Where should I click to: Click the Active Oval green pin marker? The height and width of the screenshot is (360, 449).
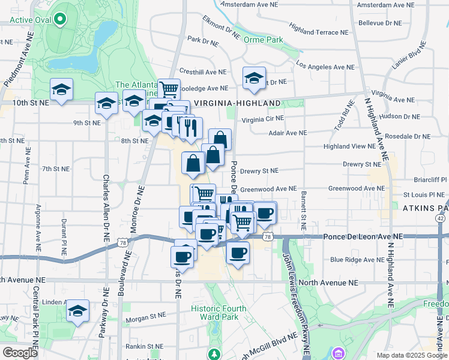pyautogui.click(x=60, y=20)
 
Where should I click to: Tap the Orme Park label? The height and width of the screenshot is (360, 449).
pyautogui.click(x=263, y=40)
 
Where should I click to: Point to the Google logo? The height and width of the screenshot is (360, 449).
pyautogui.click(x=20, y=353)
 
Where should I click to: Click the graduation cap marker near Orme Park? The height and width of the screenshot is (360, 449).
pyautogui.click(x=254, y=78)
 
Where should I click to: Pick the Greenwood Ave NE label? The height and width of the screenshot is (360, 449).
pyautogui.click(x=268, y=188)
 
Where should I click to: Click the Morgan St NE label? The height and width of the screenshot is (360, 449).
pyautogui.click(x=145, y=315)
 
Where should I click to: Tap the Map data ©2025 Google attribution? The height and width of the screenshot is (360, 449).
pyautogui.click(x=411, y=355)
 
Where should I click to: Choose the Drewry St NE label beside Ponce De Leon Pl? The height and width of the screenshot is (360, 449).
pyautogui.click(x=259, y=171)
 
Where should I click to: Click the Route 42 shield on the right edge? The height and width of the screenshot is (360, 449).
pyautogui.click(x=441, y=218)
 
